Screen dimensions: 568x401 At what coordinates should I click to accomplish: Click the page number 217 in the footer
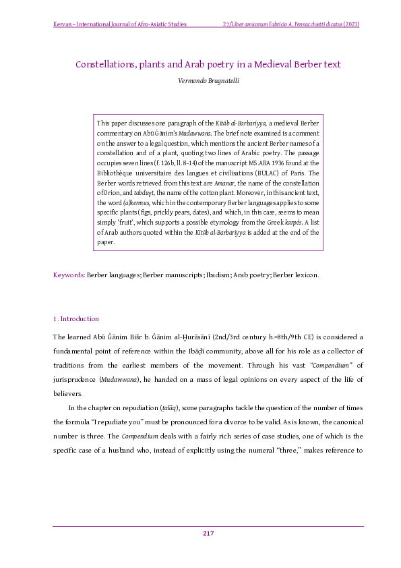[x=208, y=534]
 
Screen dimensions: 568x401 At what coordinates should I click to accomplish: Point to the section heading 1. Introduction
[x=75, y=319]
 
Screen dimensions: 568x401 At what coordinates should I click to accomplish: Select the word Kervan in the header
[x=63, y=25]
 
